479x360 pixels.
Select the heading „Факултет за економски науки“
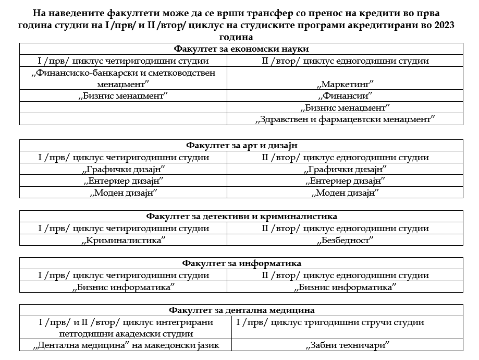[x=241, y=49]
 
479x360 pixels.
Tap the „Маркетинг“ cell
[x=345, y=84]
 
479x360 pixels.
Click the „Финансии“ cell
[x=345, y=96]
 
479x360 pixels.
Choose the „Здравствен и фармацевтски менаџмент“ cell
[x=345, y=119]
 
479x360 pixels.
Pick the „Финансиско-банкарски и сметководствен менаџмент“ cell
[x=124, y=78]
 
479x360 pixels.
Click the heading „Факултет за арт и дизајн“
[x=241, y=145]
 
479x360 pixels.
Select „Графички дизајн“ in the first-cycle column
[x=124, y=169]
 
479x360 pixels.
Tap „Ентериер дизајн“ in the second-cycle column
[x=345, y=181]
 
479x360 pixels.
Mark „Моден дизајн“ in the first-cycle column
[x=124, y=193]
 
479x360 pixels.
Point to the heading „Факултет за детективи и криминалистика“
[x=241, y=216]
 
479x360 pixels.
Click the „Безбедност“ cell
[x=345, y=240]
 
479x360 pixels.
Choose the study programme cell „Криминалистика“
[x=124, y=240]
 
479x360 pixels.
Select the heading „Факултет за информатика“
[x=241, y=263]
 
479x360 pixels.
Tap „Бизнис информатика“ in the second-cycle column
[x=345, y=287]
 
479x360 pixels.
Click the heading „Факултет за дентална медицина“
[x=241, y=310]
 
